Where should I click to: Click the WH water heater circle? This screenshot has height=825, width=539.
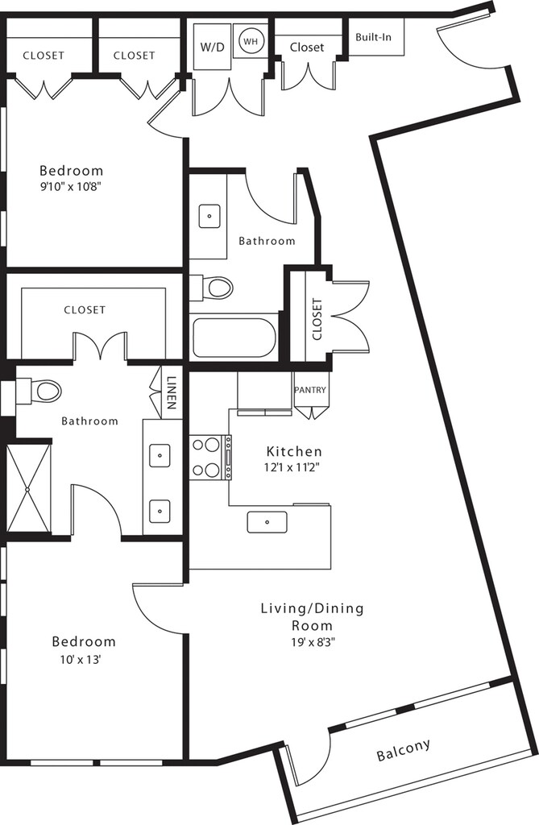(251, 41)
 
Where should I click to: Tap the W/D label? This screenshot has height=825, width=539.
(212, 47)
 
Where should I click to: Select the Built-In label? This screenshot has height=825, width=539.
(373, 37)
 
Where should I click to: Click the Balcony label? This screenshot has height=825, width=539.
(403, 750)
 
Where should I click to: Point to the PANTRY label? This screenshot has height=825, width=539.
(310, 390)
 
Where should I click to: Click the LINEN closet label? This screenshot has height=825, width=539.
(171, 392)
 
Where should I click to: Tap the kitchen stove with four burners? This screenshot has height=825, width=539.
(210, 458)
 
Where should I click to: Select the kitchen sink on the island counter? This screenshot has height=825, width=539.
(267, 522)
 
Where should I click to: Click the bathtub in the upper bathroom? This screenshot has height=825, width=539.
(234, 338)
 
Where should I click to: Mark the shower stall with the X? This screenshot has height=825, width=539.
(29, 488)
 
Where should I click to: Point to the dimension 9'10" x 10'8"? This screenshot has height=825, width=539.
(71, 186)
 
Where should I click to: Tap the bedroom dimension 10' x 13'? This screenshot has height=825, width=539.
(81, 659)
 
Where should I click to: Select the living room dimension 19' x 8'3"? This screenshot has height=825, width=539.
(313, 642)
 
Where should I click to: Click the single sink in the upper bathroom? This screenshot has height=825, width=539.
(209, 216)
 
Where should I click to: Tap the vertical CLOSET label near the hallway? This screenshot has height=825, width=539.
(317, 319)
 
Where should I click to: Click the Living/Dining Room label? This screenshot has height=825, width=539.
(313, 616)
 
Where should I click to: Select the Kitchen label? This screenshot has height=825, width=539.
(294, 451)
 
